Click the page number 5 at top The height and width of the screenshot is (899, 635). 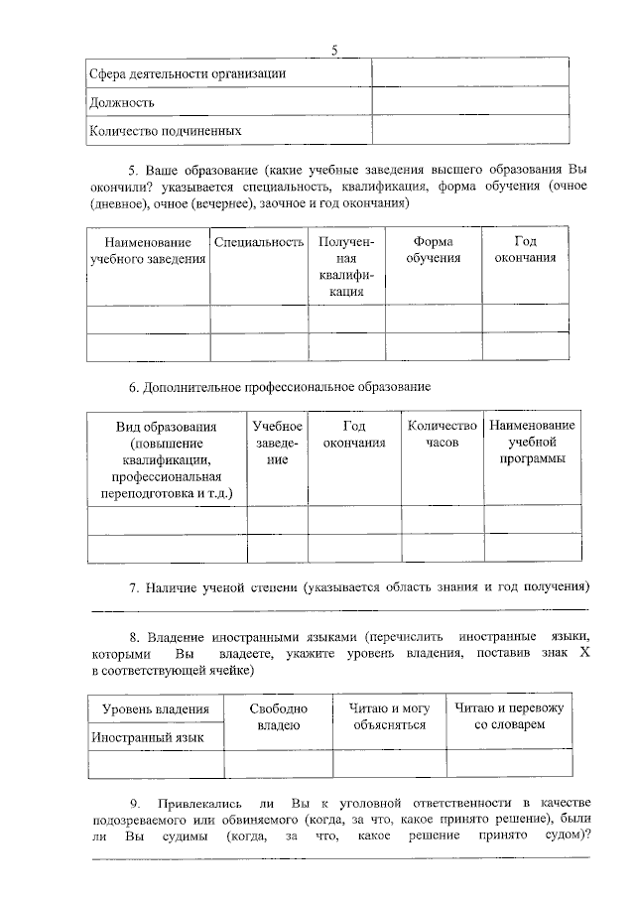pyautogui.click(x=334, y=51)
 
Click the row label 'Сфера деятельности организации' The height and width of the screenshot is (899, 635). pyautogui.click(x=188, y=73)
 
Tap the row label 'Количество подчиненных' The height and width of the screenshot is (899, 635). pyautogui.click(x=165, y=130)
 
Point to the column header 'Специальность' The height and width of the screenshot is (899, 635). pyautogui.click(x=258, y=242)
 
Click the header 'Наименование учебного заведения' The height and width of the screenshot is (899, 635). pyautogui.click(x=148, y=250)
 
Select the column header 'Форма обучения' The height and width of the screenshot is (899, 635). pyautogui.click(x=434, y=250)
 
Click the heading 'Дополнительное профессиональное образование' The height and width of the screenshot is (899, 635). pyautogui.click(x=287, y=386)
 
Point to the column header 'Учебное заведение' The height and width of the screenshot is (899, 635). pyautogui.click(x=277, y=443)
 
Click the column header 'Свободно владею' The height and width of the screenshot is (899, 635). pyautogui.click(x=279, y=717)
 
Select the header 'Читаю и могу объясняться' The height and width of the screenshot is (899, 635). pyautogui.click(x=389, y=716)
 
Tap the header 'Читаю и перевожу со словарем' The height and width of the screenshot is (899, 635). pyautogui.click(x=509, y=716)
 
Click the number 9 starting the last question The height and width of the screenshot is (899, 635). pyautogui.click(x=135, y=802)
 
